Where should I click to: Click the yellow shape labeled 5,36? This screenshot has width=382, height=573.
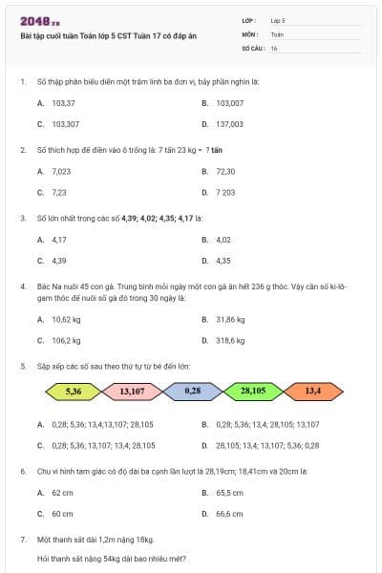(x=74, y=391)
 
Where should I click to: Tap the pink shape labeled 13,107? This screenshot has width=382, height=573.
(x=133, y=391)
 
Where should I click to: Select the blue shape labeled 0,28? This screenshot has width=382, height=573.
(x=192, y=391)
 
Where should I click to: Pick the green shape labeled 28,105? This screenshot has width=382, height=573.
(x=252, y=391)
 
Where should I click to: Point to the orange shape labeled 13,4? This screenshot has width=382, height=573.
(x=312, y=391)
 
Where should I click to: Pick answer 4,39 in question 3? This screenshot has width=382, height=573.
(x=59, y=260)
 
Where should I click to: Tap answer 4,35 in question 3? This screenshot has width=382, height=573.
(x=223, y=260)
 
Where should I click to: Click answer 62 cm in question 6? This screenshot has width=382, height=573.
(x=62, y=492)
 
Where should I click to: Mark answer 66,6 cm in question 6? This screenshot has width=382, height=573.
(x=228, y=514)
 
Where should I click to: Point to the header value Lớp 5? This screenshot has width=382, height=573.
(x=278, y=20)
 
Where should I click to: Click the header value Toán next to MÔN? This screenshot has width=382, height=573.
(x=277, y=33)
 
